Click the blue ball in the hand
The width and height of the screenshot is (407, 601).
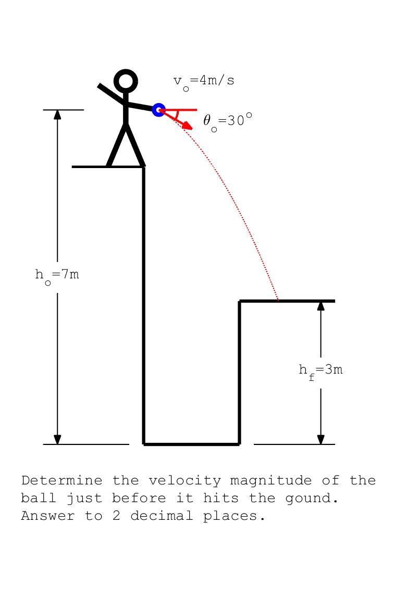(x=158, y=110)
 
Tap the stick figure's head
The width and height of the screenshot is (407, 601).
(x=126, y=82)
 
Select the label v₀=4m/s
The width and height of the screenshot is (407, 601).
(x=204, y=81)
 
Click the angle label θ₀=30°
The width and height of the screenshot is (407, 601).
(x=228, y=121)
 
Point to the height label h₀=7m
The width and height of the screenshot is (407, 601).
(x=57, y=275)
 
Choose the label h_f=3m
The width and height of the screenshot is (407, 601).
(x=320, y=370)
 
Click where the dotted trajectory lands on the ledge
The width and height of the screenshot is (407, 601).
(x=278, y=300)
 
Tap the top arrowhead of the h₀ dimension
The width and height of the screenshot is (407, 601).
(x=57, y=114)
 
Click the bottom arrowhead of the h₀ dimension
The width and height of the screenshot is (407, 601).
(x=57, y=440)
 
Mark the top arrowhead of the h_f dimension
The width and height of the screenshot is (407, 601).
(x=320, y=305)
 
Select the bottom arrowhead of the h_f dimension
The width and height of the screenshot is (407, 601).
(x=320, y=440)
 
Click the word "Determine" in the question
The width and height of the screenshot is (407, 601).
(x=61, y=480)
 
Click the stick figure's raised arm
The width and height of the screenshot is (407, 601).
(x=110, y=92)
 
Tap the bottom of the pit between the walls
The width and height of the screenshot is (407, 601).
(x=191, y=444)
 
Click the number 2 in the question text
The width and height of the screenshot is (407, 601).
(x=116, y=516)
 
